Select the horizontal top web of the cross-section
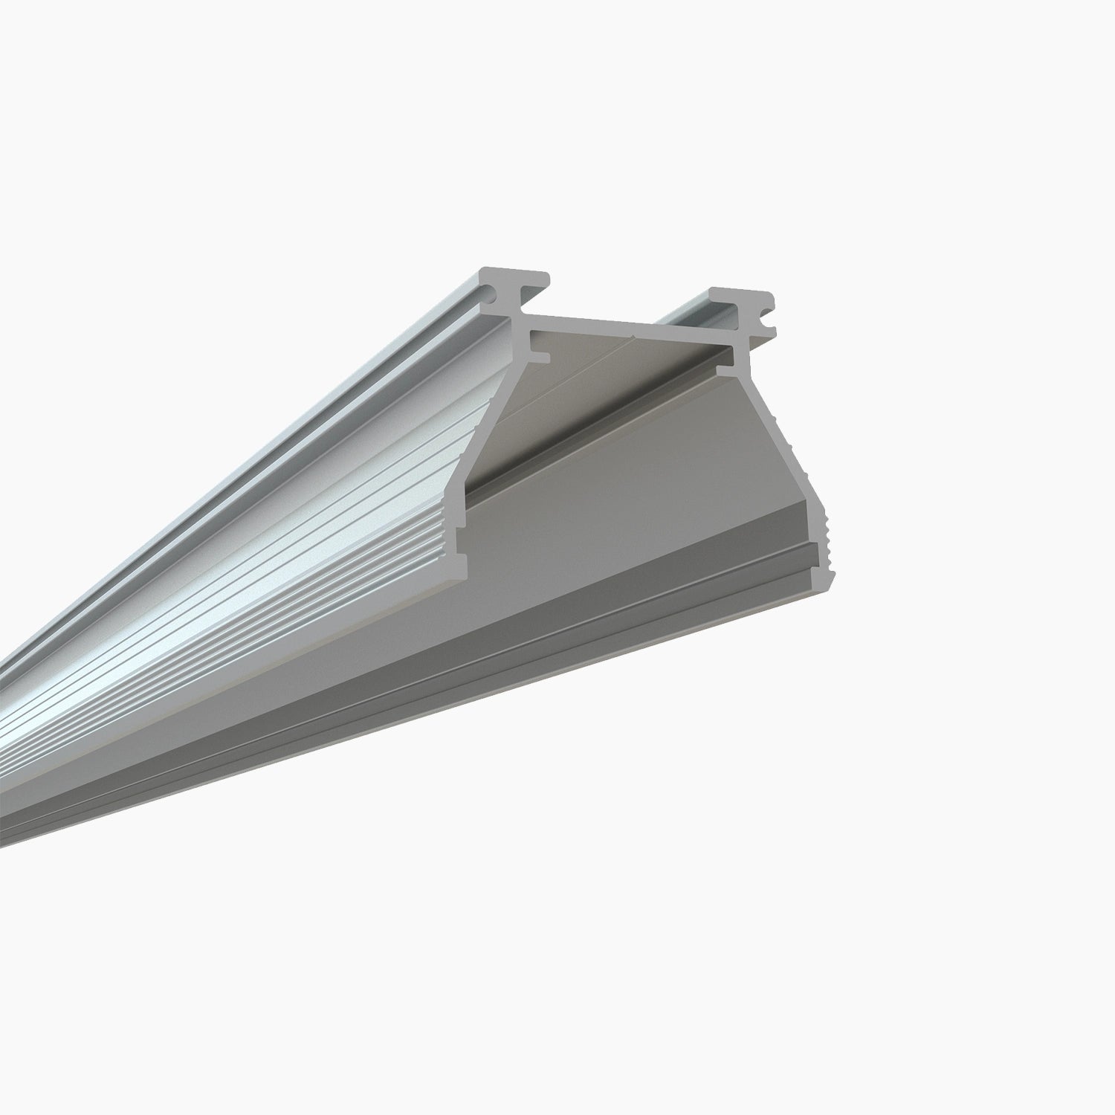(x=632, y=325)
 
